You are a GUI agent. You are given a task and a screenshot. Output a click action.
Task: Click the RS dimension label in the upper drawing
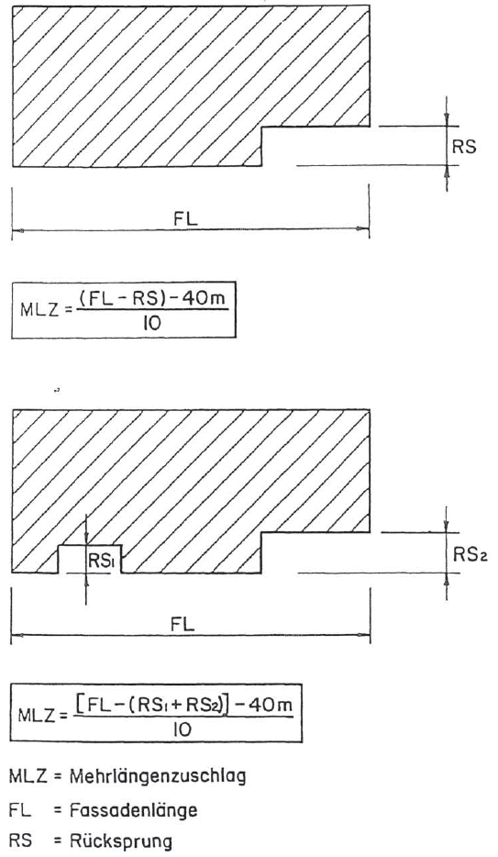tap(464, 147)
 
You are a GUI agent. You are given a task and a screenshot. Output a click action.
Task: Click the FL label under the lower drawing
tap(183, 624)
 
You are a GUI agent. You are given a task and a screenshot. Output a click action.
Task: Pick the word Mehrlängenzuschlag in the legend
tap(157, 776)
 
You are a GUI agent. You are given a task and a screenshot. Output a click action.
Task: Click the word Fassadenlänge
tap(133, 809)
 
